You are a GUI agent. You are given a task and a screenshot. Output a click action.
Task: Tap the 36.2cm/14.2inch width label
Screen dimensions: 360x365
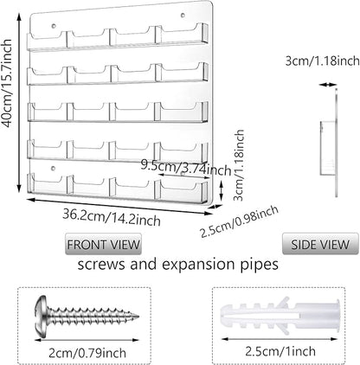tap(112, 217)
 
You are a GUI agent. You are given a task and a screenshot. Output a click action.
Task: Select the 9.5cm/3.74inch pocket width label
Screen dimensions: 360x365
tap(186, 168)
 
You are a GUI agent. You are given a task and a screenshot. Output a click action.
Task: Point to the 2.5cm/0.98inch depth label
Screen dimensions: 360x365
tap(240, 221)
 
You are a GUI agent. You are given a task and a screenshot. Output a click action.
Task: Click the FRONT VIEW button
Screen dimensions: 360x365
tap(103, 244)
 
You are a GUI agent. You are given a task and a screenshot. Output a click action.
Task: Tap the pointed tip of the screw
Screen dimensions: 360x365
tap(138, 317)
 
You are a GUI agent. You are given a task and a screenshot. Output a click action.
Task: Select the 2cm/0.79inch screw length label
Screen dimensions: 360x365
tap(87, 353)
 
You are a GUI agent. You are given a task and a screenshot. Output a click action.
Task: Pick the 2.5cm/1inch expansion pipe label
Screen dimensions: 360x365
tap(280, 351)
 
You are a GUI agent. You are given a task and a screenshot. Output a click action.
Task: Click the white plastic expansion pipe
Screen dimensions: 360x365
tap(280, 316)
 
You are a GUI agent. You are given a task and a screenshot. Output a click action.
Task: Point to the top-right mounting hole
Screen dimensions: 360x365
tap(183, 15)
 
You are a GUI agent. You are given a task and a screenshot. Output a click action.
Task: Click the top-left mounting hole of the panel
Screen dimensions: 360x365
tap(54, 26)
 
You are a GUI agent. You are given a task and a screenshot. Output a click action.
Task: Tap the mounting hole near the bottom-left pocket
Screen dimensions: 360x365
tap(53, 168)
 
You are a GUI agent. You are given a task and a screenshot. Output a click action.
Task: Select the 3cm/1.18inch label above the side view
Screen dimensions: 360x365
tap(323, 61)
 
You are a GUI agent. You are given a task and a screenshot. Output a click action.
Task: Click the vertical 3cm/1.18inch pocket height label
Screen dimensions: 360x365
tap(239, 165)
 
